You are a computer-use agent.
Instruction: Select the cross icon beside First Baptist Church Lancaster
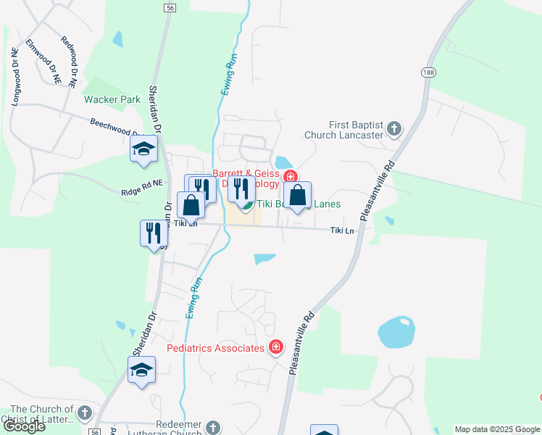(x=394, y=129)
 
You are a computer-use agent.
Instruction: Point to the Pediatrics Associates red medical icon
(x=275, y=348)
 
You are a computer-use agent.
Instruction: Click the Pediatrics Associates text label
(x=215, y=349)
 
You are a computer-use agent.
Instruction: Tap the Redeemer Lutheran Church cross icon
(x=212, y=427)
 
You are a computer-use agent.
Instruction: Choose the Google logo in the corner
(x=24, y=426)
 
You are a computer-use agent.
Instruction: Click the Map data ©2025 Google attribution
(x=497, y=429)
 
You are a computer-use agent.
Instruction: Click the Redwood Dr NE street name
(x=69, y=62)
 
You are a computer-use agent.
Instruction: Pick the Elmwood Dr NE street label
(x=43, y=63)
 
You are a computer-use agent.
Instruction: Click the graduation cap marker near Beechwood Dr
(x=143, y=150)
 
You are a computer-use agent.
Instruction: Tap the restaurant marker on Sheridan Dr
(x=154, y=233)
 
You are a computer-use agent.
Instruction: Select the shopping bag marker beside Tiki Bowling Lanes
(x=297, y=196)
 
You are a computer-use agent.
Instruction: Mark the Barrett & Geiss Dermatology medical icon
(x=291, y=176)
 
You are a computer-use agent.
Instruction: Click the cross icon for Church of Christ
(x=84, y=413)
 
